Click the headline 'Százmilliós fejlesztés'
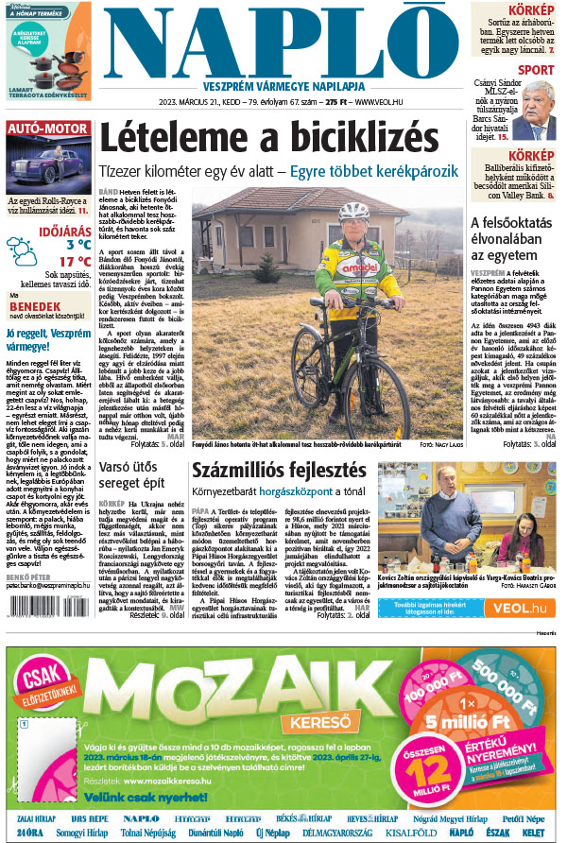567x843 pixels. (x=278, y=470)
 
